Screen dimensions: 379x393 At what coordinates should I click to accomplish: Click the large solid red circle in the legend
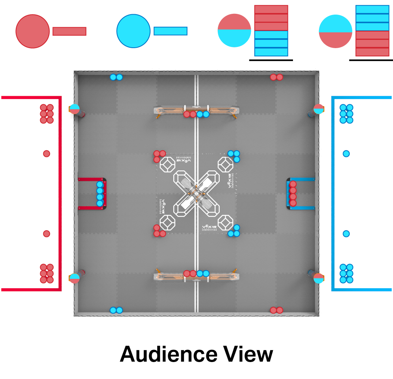coord(33,31)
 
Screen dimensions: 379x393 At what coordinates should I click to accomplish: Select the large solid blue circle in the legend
coord(133,31)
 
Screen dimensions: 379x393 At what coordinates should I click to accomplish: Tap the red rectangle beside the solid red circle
coord(69,31)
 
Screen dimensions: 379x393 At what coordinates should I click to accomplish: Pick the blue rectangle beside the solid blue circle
coord(170,31)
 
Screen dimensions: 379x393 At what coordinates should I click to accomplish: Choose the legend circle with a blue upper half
coord(335,31)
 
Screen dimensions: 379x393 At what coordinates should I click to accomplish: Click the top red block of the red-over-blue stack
coord(271,9)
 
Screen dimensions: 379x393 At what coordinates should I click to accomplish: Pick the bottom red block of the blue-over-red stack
coord(372,52)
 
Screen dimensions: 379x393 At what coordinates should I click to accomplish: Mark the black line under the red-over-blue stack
coord(271,60)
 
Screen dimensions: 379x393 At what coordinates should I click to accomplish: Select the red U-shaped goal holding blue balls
coord(91,194)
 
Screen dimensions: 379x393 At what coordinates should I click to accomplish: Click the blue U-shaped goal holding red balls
coord(302,194)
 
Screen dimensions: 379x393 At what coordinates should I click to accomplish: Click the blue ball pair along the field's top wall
coord(116,77)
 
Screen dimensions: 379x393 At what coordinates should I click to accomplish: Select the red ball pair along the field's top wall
coord(276,77)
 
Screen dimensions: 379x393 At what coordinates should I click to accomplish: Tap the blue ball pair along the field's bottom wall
coord(116,310)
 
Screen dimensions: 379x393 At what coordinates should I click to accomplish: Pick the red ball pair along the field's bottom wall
coord(276,310)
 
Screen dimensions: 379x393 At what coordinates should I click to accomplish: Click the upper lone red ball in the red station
coord(46,153)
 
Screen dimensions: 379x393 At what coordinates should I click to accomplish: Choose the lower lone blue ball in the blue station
coord(346,234)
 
